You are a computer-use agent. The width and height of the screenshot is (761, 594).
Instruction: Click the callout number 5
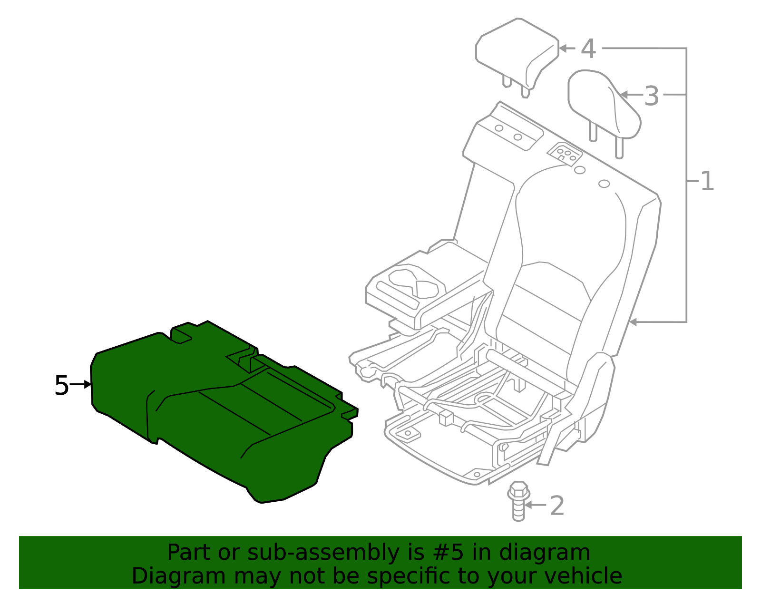[61, 385]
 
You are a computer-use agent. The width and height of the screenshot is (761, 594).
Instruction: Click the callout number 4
[588, 49]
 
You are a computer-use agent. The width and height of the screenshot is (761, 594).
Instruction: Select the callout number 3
[652, 96]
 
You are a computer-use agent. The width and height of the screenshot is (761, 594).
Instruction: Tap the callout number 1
[707, 181]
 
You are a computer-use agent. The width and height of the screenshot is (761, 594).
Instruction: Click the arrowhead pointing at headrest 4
[563, 48]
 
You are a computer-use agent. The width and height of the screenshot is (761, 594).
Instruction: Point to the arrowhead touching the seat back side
[633, 322]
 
